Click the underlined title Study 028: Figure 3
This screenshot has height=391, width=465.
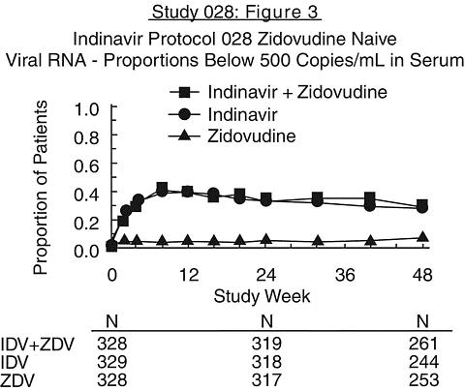(235, 13)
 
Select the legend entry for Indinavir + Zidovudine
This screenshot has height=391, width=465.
(278, 92)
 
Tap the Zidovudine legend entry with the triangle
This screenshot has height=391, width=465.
(232, 135)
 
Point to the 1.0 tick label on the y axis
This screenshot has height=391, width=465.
(86, 109)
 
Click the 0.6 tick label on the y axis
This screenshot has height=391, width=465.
(86, 166)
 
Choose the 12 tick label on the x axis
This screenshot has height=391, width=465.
(189, 275)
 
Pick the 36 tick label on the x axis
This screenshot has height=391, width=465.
(345, 275)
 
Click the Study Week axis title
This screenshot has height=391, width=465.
(262, 296)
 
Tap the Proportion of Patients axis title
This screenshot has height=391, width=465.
(41, 188)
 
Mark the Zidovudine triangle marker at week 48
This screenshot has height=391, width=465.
(422, 237)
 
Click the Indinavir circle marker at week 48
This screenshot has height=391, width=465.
(422, 208)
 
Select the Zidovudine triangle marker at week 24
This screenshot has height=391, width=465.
(266, 239)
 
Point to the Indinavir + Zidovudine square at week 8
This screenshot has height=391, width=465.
(162, 188)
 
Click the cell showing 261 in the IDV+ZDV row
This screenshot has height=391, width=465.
(423, 344)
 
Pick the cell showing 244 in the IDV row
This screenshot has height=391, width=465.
(423, 362)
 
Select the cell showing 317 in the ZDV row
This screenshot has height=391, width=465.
(266, 380)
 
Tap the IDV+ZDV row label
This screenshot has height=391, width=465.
(37, 345)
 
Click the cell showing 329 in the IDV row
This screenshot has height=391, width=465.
(112, 362)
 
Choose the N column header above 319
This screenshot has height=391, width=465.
(267, 321)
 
